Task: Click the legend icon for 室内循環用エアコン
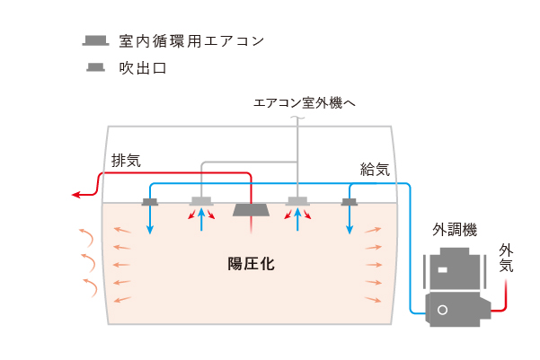(95, 40)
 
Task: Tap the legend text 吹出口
(143, 68)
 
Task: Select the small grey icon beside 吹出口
(95, 67)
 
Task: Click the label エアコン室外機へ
(305, 103)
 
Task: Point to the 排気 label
(126, 161)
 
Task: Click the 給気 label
(375, 170)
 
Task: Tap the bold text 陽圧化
(251, 264)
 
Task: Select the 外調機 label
(455, 230)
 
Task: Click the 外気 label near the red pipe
(506, 259)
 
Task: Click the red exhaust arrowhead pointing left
(75, 195)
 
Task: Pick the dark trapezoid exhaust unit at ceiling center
(251, 210)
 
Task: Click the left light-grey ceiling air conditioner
(201, 201)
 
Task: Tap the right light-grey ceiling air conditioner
(297, 201)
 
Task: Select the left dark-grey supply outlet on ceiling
(150, 202)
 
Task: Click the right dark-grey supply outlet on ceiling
(350, 202)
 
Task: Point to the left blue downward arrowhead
(150, 230)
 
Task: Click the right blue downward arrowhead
(350, 230)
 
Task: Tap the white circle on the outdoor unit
(443, 310)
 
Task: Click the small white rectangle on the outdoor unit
(443, 270)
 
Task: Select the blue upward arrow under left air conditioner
(201, 220)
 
